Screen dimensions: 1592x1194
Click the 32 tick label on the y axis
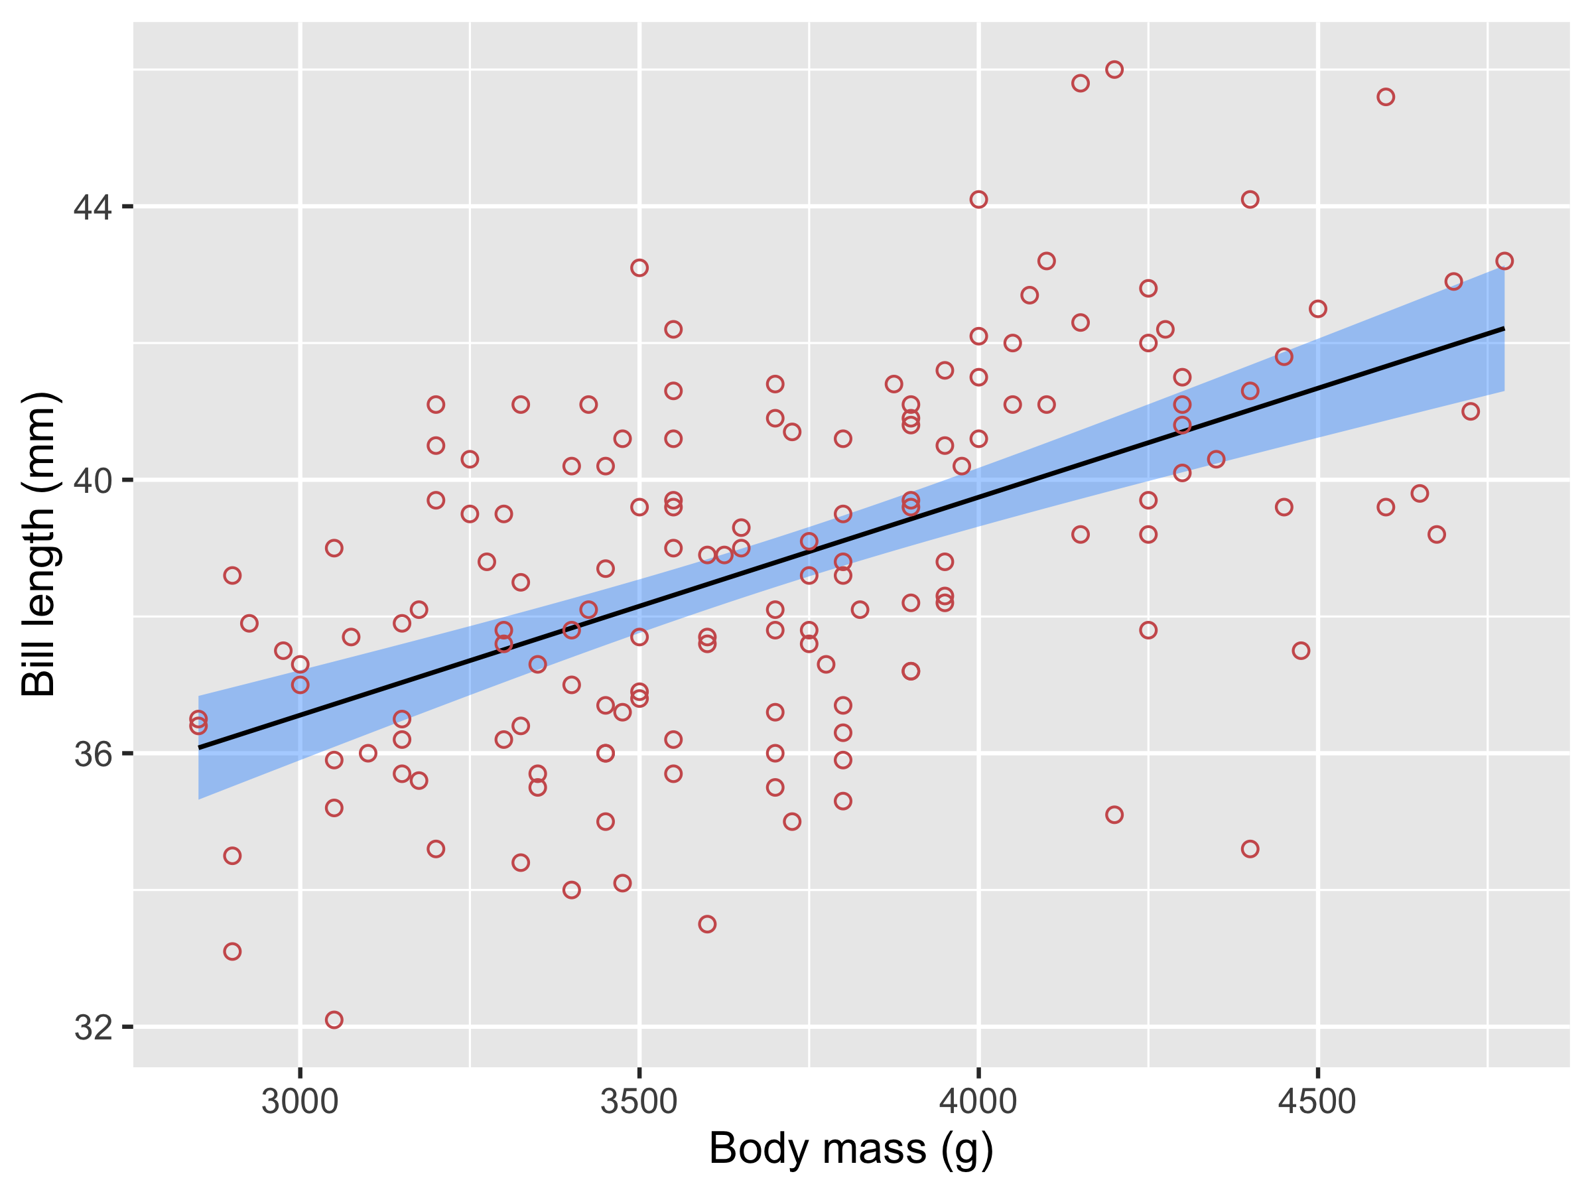[x=94, y=1028]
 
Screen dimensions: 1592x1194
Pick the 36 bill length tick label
[x=94, y=754]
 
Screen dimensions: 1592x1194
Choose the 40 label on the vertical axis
[x=94, y=481]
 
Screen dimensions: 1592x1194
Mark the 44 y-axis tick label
[x=94, y=207]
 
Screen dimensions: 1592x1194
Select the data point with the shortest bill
[x=334, y=1020]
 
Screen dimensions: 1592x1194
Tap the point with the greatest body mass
[x=1504, y=261]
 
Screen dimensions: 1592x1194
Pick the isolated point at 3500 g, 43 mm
[x=639, y=268]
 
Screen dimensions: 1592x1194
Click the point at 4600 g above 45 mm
[x=1386, y=97]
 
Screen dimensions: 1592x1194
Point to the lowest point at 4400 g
[x=1250, y=849]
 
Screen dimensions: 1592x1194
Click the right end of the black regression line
[x=1504, y=328]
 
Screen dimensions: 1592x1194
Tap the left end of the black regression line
[x=198, y=748]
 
